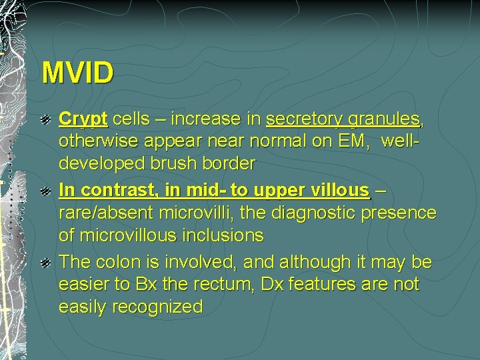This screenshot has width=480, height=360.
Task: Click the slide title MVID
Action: pos(77,73)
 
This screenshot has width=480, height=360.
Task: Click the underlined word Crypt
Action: pos(83,119)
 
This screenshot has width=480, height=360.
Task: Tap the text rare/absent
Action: pos(107,213)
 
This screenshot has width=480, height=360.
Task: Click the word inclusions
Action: pos(224,236)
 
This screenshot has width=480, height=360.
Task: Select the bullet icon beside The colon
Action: pos(46,263)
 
